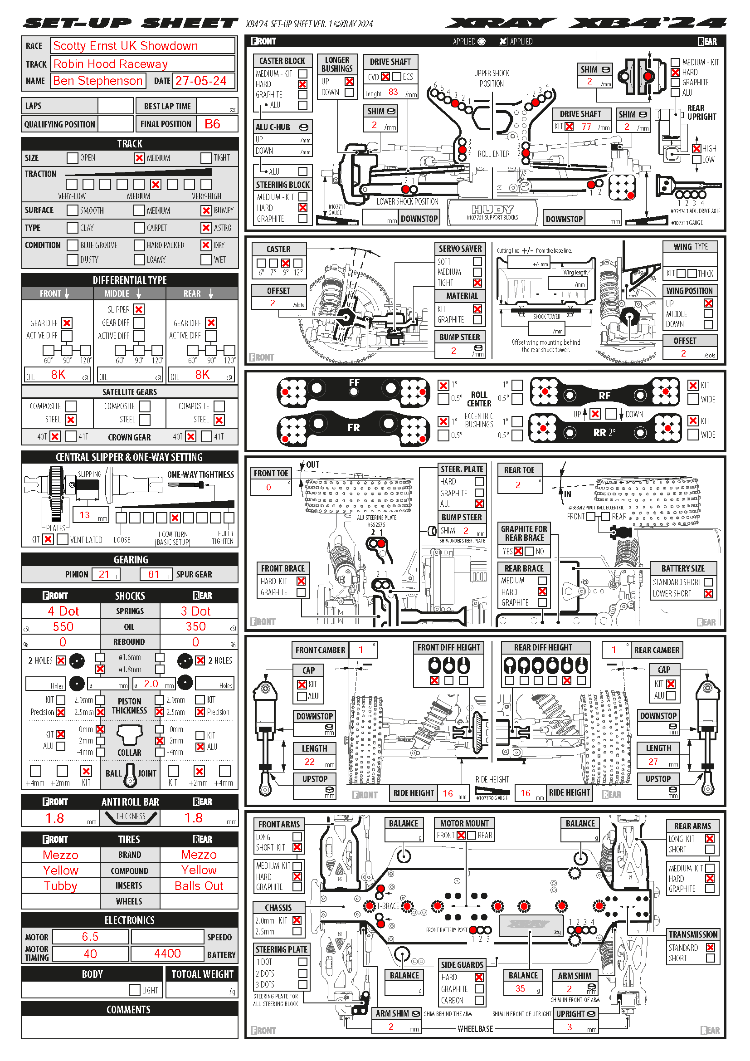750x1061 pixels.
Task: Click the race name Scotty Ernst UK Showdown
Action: click(x=125, y=46)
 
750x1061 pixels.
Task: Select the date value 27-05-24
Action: click(x=201, y=81)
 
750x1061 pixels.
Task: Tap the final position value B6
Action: click(x=212, y=124)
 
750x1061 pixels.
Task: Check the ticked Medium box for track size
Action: click(x=139, y=158)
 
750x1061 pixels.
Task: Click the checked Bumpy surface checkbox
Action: click(x=206, y=211)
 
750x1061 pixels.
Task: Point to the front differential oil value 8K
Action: click(x=58, y=375)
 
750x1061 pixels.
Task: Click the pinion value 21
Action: click(x=104, y=574)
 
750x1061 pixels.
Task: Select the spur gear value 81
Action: click(x=154, y=574)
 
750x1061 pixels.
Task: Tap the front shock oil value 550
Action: click(x=63, y=626)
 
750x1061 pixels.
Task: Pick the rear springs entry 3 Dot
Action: click(x=195, y=611)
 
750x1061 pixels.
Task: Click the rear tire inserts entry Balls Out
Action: click(x=199, y=886)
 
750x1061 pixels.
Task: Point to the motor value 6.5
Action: click(x=90, y=937)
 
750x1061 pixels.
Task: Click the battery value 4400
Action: click(x=167, y=954)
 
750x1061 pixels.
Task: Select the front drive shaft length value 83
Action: click(x=393, y=92)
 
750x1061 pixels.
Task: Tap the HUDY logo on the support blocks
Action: click(x=492, y=209)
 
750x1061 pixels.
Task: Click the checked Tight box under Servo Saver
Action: click(x=477, y=283)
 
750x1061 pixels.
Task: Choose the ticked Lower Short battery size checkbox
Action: click(x=708, y=594)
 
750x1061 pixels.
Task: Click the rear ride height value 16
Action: click(x=526, y=793)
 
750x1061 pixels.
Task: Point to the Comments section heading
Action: click(x=129, y=1010)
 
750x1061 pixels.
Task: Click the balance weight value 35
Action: click(x=520, y=988)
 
